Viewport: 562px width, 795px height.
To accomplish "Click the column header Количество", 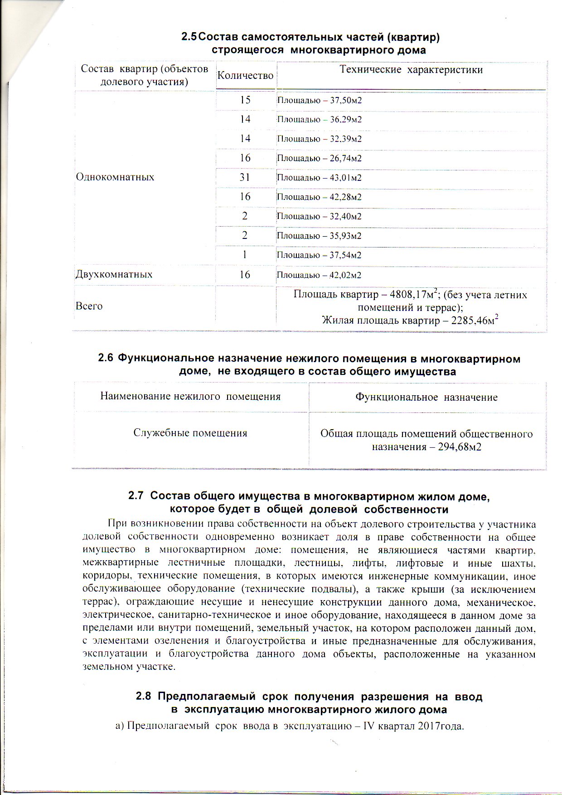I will point(245,75).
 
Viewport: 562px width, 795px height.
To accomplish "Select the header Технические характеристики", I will point(411,70).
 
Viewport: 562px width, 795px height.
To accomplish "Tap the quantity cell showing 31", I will point(245,177).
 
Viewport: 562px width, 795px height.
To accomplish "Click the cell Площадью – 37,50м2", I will point(319,101).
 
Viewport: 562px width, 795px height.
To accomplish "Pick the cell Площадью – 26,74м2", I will point(319,159).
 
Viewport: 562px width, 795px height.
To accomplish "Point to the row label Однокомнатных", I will point(115,177).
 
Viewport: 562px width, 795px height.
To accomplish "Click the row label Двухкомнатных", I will point(114,275).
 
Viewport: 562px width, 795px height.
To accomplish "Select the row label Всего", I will point(89,306).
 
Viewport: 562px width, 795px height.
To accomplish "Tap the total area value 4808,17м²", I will point(410,295).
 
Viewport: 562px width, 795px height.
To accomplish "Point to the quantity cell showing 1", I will point(245,255).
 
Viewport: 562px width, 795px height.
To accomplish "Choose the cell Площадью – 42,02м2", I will point(319,275).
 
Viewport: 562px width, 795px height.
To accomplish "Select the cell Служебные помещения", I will point(190,433).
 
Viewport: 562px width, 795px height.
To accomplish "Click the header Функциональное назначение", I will point(426,397).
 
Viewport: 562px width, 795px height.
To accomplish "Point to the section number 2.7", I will point(136,496).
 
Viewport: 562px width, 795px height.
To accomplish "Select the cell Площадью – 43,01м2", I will point(319,178).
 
